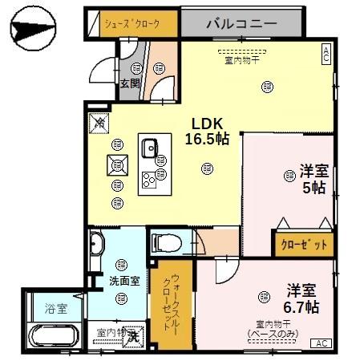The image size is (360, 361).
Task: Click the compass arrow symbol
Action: pos(34,30)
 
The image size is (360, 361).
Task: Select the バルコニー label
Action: pos(241,24)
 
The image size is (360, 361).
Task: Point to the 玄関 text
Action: pos(130,83)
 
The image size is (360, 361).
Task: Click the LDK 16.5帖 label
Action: pos(208,132)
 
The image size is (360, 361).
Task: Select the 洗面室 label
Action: pos(124,282)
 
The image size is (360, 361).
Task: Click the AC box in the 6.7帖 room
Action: pos(321,343)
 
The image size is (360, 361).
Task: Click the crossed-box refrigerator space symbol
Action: pos(99,123)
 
